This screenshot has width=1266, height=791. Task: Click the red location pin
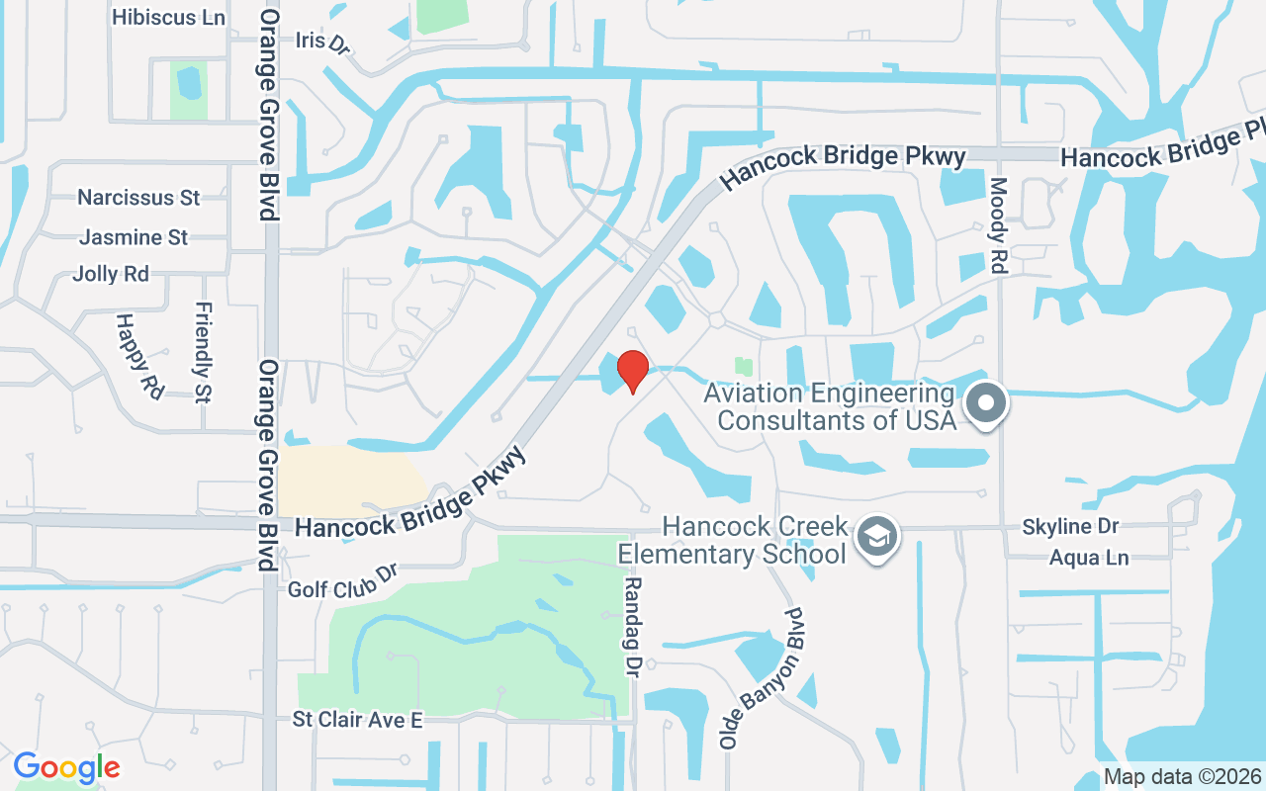click(x=632, y=370)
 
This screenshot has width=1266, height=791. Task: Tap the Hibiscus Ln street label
click(x=168, y=18)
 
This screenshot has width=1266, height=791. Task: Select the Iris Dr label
click(x=322, y=43)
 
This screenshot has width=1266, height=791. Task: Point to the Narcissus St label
click(x=138, y=198)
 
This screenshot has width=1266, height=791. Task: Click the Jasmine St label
click(x=134, y=237)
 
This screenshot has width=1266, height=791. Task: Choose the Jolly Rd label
click(x=111, y=274)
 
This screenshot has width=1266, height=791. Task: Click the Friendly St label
click(x=204, y=352)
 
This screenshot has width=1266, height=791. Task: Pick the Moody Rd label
click(x=998, y=224)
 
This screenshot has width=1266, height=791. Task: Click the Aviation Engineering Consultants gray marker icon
click(x=985, y=403)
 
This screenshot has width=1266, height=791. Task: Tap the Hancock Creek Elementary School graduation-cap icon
click(x=875, y=537)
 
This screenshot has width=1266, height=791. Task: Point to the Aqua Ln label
click(x=1088, y=558)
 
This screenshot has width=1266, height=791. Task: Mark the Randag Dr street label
click(x=631, y=627)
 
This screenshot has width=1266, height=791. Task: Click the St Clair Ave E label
click(x=356, y=720)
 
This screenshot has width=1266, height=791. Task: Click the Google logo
click(x=66, y=767)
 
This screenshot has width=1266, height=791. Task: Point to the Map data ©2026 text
click(x=1182, y=776)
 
